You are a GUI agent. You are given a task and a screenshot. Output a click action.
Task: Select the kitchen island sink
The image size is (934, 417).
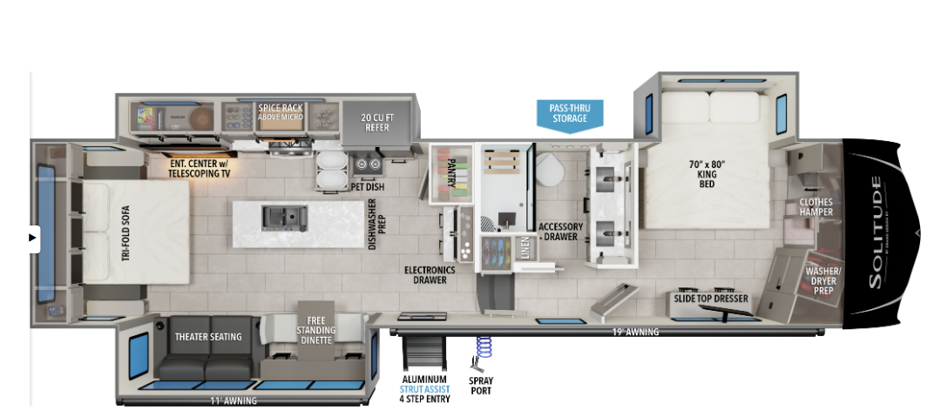[285, 219]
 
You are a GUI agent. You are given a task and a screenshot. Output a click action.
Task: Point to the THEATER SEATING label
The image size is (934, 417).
[208, 337]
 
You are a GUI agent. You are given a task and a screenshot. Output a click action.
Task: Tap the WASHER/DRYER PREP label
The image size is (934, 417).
[819, 279]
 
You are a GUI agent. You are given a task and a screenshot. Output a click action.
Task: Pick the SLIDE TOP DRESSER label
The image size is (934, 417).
[711, 298]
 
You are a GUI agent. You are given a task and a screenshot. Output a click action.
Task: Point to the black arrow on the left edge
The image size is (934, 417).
[33, 238]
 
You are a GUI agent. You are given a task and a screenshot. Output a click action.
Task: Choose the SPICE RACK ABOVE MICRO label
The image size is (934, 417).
[280, 111]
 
